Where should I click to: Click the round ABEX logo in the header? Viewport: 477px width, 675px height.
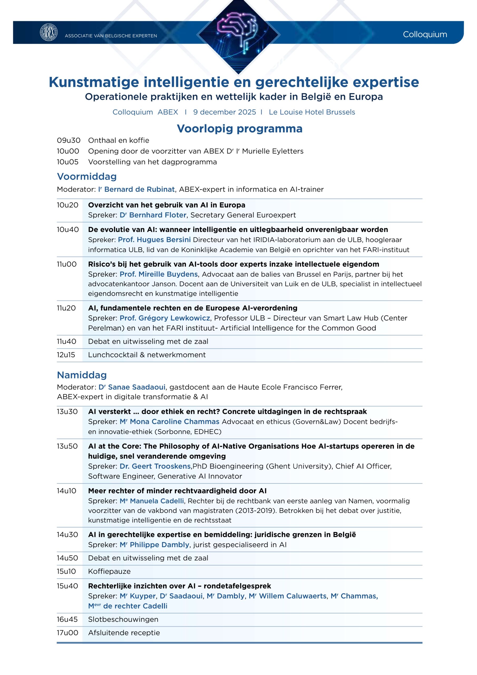pos(48,32)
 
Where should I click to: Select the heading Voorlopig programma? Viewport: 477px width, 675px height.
pos(239,129)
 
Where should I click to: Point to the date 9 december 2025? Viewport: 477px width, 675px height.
pos(224,112)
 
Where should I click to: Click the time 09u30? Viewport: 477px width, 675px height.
pos(69,140)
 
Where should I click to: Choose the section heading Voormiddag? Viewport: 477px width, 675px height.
pos(87,176)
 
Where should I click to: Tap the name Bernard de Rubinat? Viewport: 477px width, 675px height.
pos(139,189)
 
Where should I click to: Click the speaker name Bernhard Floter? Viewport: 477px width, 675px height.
pos(158,215)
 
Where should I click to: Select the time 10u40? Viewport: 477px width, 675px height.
pos(68,230)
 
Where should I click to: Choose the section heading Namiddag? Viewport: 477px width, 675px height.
pos(82,375)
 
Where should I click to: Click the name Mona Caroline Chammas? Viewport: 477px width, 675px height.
pos(174,422)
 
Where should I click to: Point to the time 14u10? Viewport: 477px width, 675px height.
pos(66,491)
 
